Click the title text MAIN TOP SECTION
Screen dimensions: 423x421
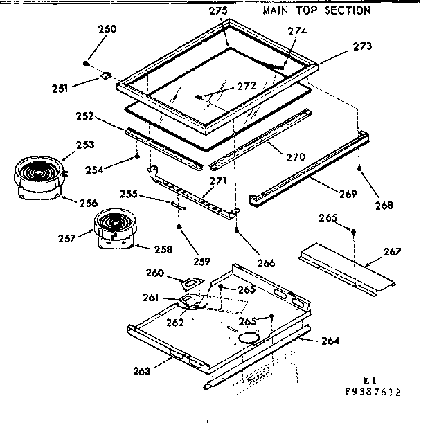pyautogui.click(x=316, y=10)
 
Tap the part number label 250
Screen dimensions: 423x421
pyautogui.click(x=107, y=29)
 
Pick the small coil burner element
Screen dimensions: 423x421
pyautogui.click(x=110, y=226)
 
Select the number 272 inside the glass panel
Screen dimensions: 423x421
pyautogui.click(x=247, y=86)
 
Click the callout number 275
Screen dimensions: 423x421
pyautogui.click(x=219, y=10)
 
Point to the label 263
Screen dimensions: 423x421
pyautogui.click(x=143, y=370)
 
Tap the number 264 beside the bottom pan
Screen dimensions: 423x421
pyautogui.click(x=330, y=340)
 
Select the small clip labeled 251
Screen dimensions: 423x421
pyautogui.click(x=105, y=77)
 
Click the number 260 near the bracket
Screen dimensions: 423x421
pyautogui.click(x=156, y=272)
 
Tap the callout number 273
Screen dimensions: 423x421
pyautogui.click(x=362, y=46)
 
